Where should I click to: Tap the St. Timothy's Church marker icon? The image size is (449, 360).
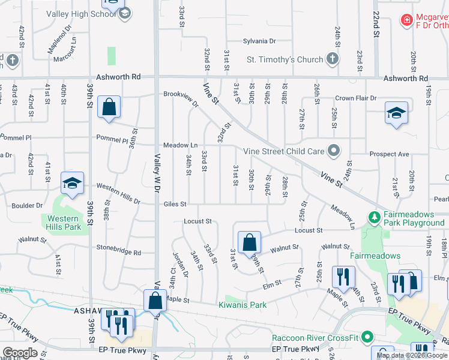point(332,59)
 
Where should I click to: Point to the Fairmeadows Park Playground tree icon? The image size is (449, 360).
point(375,216)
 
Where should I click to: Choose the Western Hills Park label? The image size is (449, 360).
point(63,223)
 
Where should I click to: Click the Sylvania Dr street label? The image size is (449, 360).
point(259,41)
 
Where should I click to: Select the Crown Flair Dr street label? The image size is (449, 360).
point(355,98)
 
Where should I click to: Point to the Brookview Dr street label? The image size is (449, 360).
point(181,98)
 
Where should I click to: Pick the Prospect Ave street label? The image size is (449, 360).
point(389,154)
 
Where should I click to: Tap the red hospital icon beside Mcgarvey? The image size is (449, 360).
point(406,20)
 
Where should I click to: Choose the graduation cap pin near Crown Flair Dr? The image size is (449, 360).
point(396,113)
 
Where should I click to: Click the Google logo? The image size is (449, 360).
point(20,353)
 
